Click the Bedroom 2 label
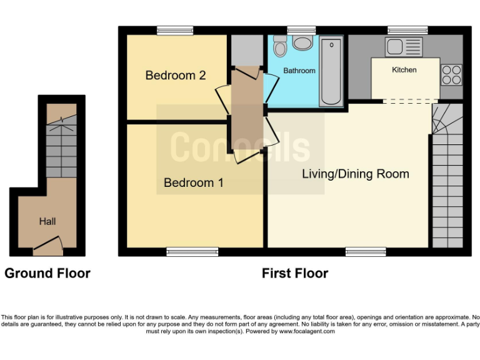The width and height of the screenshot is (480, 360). click(176, 76)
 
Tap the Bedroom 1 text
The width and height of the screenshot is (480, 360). click(194, 182)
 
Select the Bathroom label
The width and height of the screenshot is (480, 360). click(299, 71)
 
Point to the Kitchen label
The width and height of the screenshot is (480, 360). click(404, 69)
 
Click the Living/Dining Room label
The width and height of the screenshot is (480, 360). click(356, 174)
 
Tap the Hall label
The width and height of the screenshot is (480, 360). click(47, 221)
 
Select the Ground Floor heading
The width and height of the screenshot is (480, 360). click(47, 273)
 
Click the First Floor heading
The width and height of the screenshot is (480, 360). click(295, 273)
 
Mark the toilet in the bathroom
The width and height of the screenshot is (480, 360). click(279, 45)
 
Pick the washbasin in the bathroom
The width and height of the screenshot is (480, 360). click(303, 43)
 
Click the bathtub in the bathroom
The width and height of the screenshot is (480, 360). click(331, 72)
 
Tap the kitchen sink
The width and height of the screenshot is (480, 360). click(403, 46)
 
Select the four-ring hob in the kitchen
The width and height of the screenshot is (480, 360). click(451, 75)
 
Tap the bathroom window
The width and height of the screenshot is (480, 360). click(301, 30)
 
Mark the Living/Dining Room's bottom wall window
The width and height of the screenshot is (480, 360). click(365, 252)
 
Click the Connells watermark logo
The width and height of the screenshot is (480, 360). click(241, 148)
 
